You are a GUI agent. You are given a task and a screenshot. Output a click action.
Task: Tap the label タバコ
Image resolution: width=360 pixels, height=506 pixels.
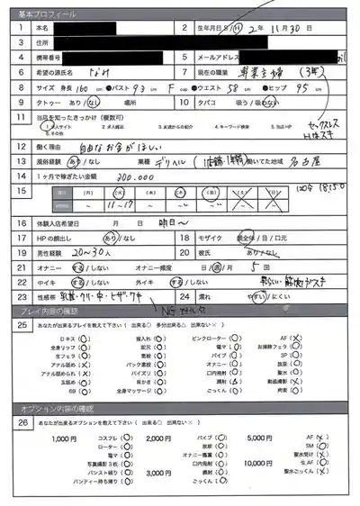coord(209,104)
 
